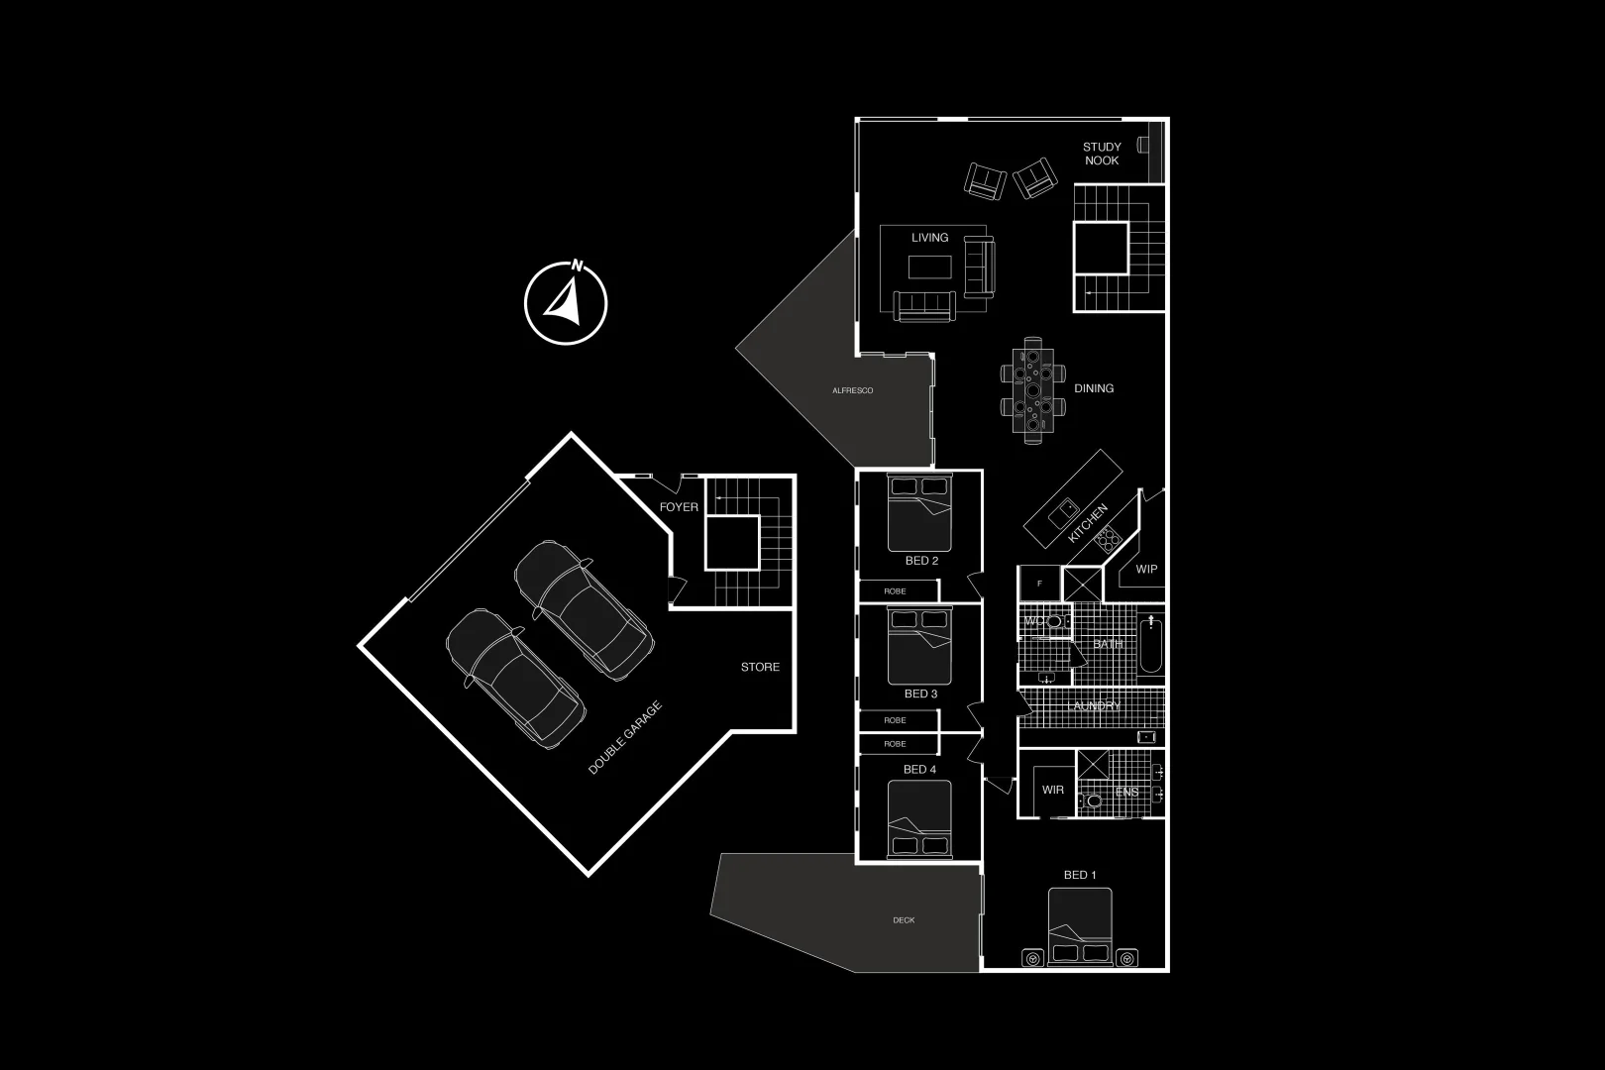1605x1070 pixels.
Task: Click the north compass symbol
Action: (566, 302)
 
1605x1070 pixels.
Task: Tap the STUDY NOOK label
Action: (1102, 154)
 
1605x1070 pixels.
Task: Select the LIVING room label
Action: (929, 238)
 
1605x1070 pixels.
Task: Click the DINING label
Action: (1094, 388)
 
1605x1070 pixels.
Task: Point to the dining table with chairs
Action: (1033, 387)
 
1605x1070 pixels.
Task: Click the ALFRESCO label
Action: (852, 391)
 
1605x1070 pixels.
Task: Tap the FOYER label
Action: (679, 507)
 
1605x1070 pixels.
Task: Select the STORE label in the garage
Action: (760, 667)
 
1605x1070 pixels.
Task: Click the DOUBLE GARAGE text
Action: (624, 737)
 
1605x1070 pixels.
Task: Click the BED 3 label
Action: (920, 694)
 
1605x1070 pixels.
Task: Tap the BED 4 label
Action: (919, 769)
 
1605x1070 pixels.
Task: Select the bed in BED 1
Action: (1080, 926)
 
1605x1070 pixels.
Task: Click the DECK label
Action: (904, 920)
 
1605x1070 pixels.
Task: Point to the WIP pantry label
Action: (1146, 570)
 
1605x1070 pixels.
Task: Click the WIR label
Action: (1052, 790)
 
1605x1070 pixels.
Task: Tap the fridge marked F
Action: (1039, 584)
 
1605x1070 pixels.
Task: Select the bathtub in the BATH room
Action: (1151, 646)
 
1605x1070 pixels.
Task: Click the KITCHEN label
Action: (1087, 523)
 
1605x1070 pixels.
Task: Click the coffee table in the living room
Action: (929, 267)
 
